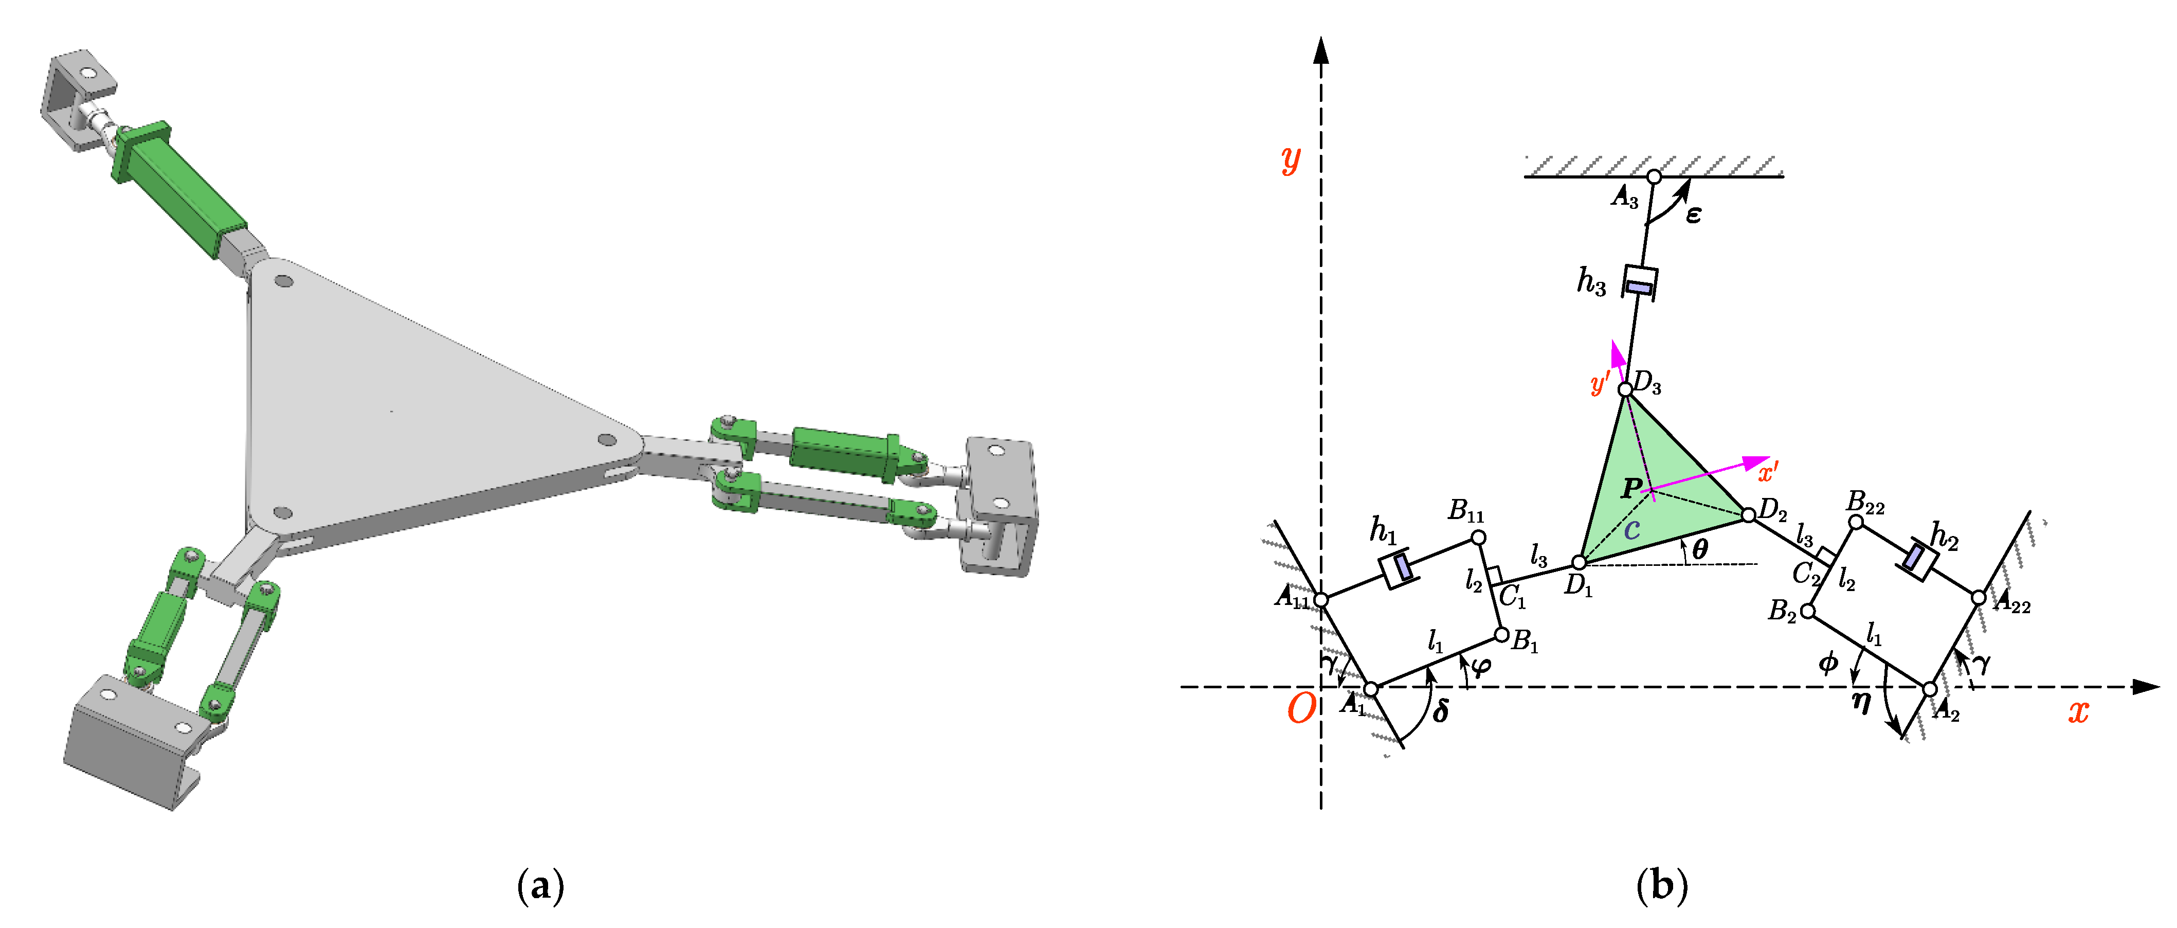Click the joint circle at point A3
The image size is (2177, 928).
coord(1654,176)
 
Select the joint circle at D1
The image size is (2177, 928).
coord(1579,563)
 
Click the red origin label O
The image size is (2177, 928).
coord(1301,708)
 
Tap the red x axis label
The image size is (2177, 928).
coord(2078,711)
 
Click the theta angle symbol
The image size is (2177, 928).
coord(1699,549)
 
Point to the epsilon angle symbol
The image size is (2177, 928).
coord(1693,215)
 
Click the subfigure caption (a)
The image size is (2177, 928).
coord(540,886)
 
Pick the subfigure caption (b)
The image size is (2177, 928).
coord(1661,886)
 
